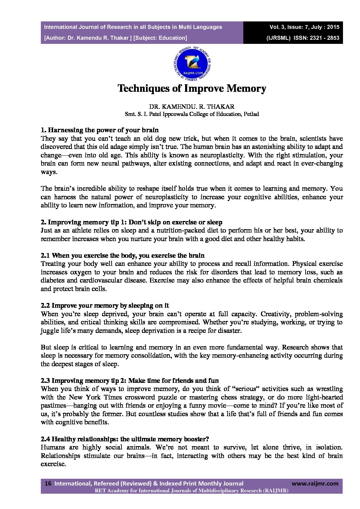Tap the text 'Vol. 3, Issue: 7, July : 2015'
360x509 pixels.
pos(304,27)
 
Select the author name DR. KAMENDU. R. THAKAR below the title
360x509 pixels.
pos(192,107)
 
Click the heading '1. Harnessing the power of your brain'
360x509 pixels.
pos(99,130)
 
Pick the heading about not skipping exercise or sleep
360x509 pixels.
pos(131,222)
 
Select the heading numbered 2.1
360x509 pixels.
pos(122,256)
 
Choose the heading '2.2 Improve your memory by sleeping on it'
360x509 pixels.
pos(105,306)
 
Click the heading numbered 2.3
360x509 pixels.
pos(130,381)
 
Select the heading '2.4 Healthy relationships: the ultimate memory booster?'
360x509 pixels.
pos(125,439)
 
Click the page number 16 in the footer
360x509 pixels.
pos(48,483)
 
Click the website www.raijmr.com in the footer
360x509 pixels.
pos(315,483)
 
